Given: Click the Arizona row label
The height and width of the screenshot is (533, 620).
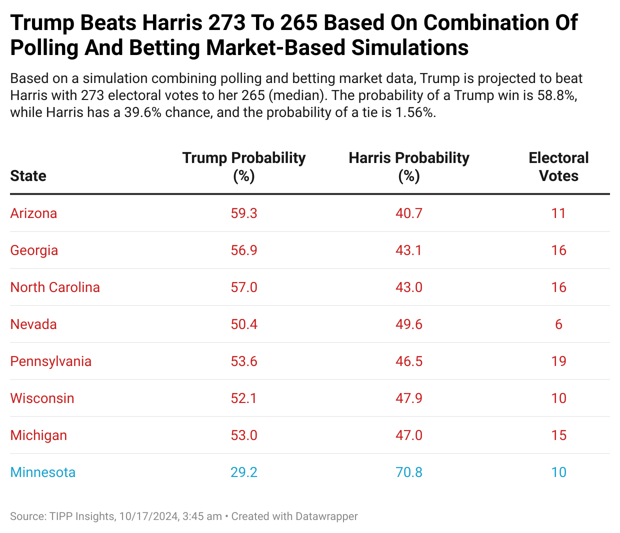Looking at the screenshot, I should click(x=33, y=213).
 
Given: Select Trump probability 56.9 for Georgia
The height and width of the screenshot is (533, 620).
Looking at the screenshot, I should click(x=244, y=250).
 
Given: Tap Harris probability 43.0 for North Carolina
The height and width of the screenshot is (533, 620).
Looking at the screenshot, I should click(x=409, y=287).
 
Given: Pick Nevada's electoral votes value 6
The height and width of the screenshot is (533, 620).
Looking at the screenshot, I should click(x=558, y=324).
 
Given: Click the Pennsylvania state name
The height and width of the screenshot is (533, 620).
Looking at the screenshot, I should click(x=50, y=361).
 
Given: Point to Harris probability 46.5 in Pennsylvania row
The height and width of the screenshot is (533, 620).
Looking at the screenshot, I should click(x=409, y=361).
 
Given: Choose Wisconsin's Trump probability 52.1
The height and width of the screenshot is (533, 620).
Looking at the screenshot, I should click(x=244, y=398).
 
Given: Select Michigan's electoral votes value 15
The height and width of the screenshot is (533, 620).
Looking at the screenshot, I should click(x=558, y=435).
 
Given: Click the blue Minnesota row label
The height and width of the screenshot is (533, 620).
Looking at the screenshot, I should click(x=42, y=472).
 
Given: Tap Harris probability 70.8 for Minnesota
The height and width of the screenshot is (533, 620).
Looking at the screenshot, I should click(x=409, y=472).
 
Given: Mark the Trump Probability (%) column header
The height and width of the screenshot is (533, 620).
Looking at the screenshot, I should click(x=244, y=167).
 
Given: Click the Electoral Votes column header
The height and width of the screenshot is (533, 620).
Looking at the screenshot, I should click(x=558, y=167).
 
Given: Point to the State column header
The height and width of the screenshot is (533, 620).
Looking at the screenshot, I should click(x=28, y=176).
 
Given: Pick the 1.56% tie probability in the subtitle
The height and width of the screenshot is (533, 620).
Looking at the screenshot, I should click(x=415, y=112).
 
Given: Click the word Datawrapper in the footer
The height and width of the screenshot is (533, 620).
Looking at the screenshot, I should click(x=326, y=516).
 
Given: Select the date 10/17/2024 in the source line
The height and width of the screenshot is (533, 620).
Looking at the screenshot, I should click(x=149, y=516).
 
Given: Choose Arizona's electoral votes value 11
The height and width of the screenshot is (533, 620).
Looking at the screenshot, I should click(x=558, y=213).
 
